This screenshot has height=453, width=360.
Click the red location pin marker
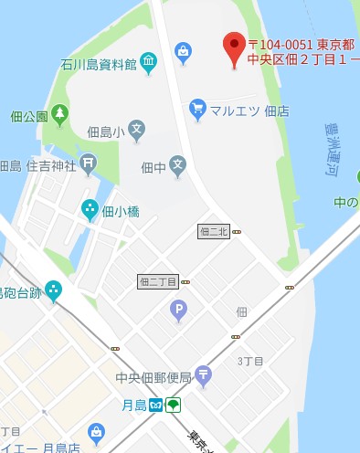coord(235,48)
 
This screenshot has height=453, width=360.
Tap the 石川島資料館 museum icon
coord(149,64)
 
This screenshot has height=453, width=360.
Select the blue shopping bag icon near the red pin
coord(183,51)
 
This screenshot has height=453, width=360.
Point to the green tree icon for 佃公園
coord(60,115)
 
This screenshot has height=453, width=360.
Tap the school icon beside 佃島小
coord(136,131)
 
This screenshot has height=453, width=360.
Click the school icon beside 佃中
coord(177,166)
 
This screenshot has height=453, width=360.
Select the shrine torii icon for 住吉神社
coord(87,165)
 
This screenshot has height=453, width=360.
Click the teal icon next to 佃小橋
coord(90,210)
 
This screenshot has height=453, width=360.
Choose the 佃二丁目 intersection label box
coord(157,282)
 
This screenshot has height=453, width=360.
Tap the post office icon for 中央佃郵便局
coord(203,374)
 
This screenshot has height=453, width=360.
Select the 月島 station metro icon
coord(155,405)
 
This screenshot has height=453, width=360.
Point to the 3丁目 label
coord(250,362)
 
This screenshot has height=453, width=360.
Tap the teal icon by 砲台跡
coord(53,291)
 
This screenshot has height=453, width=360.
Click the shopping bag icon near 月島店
coord(96,433)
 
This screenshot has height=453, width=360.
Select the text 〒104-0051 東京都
coord(294,45)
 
